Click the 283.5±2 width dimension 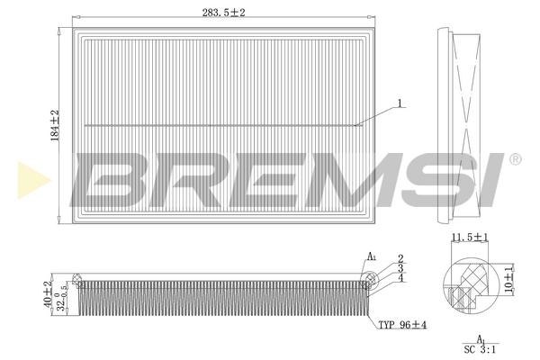tap(223, 13)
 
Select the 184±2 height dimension tap(56, 125)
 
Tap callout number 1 tap(400, 103)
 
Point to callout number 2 tap(400, 258)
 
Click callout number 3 tap(400, 268)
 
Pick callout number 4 tap(400, 278)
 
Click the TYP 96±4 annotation tap(402, 325)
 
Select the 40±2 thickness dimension tap(48, 293)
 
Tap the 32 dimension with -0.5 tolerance tap(60, 298)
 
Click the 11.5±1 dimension tap(470, 238)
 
